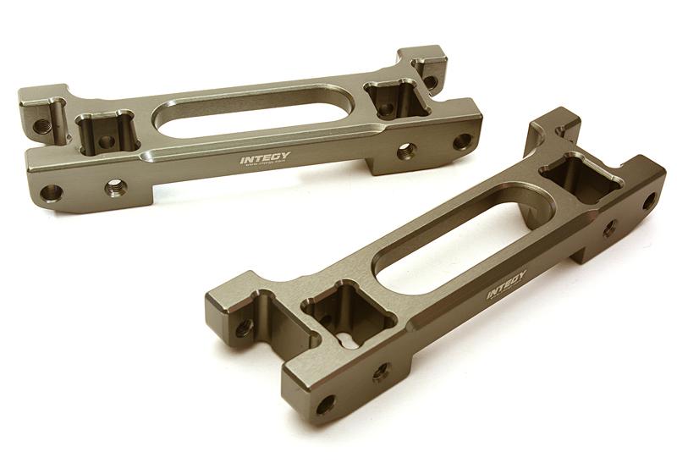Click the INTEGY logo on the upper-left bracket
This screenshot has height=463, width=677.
263,157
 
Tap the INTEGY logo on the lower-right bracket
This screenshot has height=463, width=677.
506,284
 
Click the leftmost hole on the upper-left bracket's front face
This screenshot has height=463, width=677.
51,193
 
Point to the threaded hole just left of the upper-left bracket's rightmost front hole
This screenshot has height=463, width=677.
406,151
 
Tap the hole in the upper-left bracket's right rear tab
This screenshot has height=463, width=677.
430,80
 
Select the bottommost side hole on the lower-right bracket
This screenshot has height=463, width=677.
324,404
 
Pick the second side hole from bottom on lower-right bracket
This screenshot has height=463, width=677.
381,370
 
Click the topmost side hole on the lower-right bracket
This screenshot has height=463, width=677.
648,201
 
